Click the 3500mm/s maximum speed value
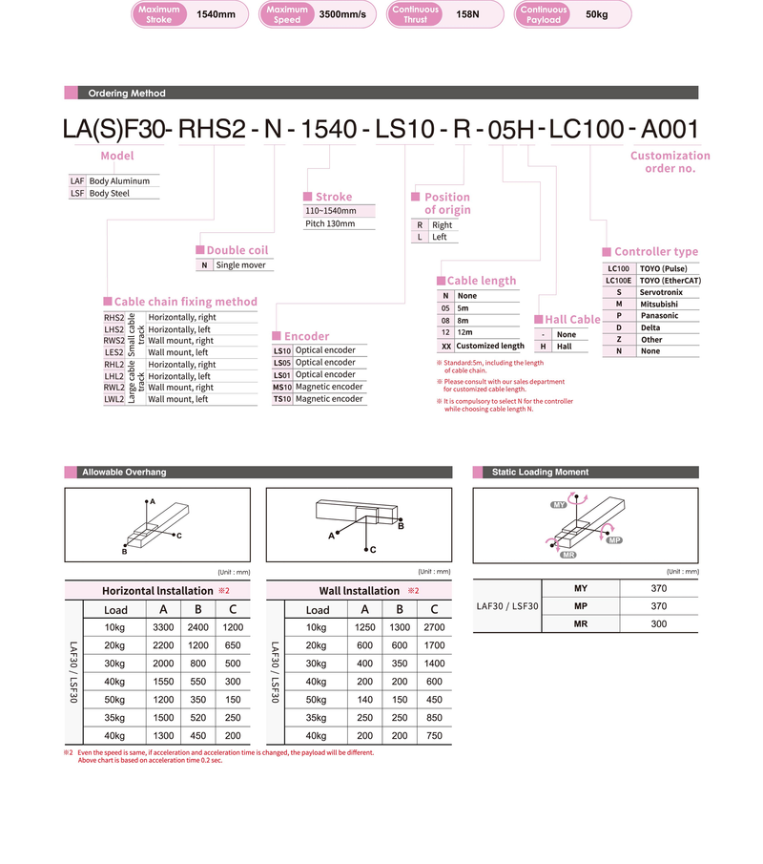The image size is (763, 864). (341, 14)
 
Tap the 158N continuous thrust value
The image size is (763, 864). (468, 14)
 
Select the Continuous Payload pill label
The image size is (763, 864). (544, 14)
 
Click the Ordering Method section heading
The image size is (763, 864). (127, 94)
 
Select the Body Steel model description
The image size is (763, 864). (109, 193)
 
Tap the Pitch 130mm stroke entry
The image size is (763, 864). (330, 223)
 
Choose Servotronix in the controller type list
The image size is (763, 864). (661, 292)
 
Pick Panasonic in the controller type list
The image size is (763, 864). (659, 315)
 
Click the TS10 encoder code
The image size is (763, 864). (282, 399)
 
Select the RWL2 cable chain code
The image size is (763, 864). (113, 388)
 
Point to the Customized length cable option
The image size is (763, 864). (490, 346)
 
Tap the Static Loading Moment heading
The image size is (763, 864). (540, 473)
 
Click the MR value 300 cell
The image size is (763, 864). (658, 623)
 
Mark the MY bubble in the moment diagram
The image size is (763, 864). (559, 503)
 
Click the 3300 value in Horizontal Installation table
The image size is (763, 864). (163, 627)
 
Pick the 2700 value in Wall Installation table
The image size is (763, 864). (434, 627)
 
